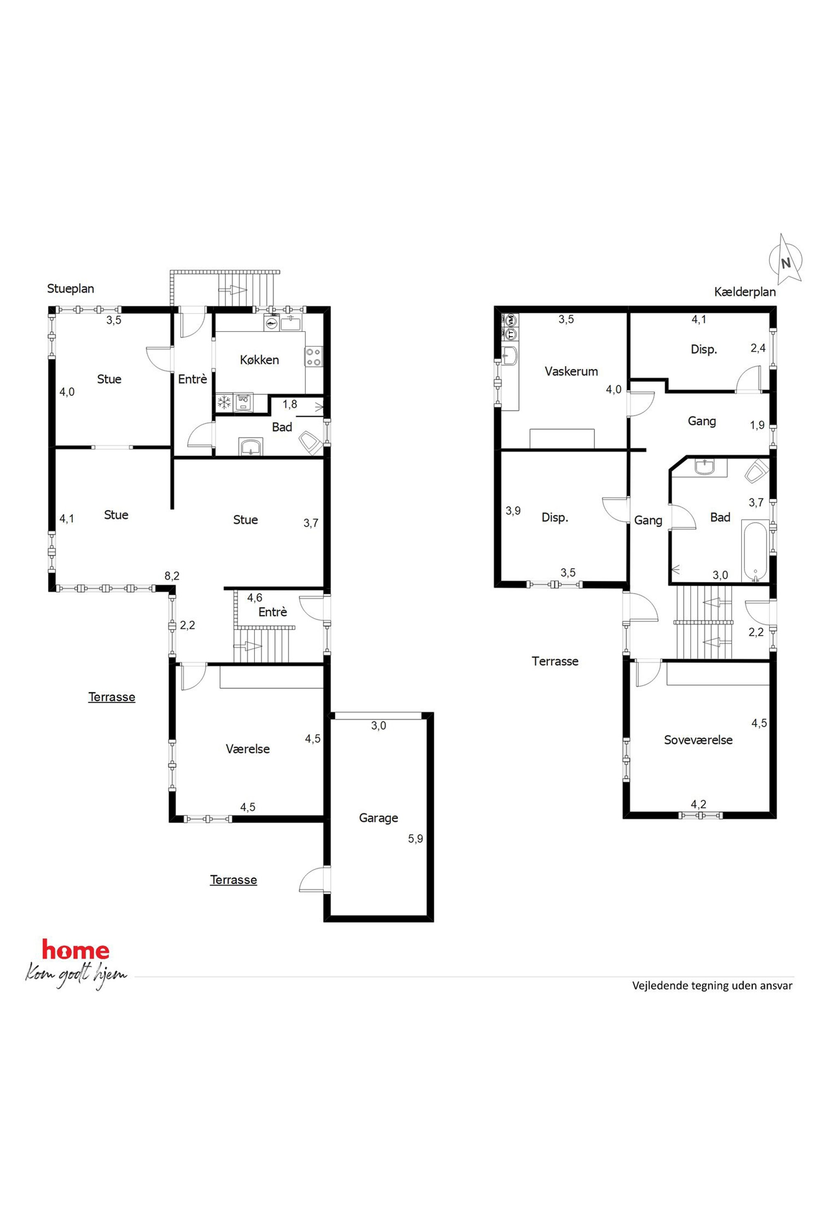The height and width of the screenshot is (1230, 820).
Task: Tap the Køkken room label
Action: click(260, 360)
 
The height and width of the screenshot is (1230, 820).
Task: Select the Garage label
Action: click(379, 818)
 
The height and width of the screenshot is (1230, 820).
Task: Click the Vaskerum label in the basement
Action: click(571, 371)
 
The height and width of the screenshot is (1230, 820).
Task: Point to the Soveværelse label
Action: click(698, 740)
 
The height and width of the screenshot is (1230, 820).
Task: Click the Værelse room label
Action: click(248, 748)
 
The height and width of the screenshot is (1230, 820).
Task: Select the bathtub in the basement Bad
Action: click(755, 551)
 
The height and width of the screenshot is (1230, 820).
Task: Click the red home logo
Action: click(76, 950)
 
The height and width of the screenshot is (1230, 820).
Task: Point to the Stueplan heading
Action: click(71, 288)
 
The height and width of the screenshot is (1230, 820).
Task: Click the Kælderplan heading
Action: click(745, 292)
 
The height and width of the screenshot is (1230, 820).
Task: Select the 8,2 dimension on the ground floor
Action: click(172, 576)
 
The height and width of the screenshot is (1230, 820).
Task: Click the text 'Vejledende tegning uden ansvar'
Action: click(712, 985)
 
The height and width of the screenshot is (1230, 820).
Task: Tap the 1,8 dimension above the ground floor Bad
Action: click(290, 404)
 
